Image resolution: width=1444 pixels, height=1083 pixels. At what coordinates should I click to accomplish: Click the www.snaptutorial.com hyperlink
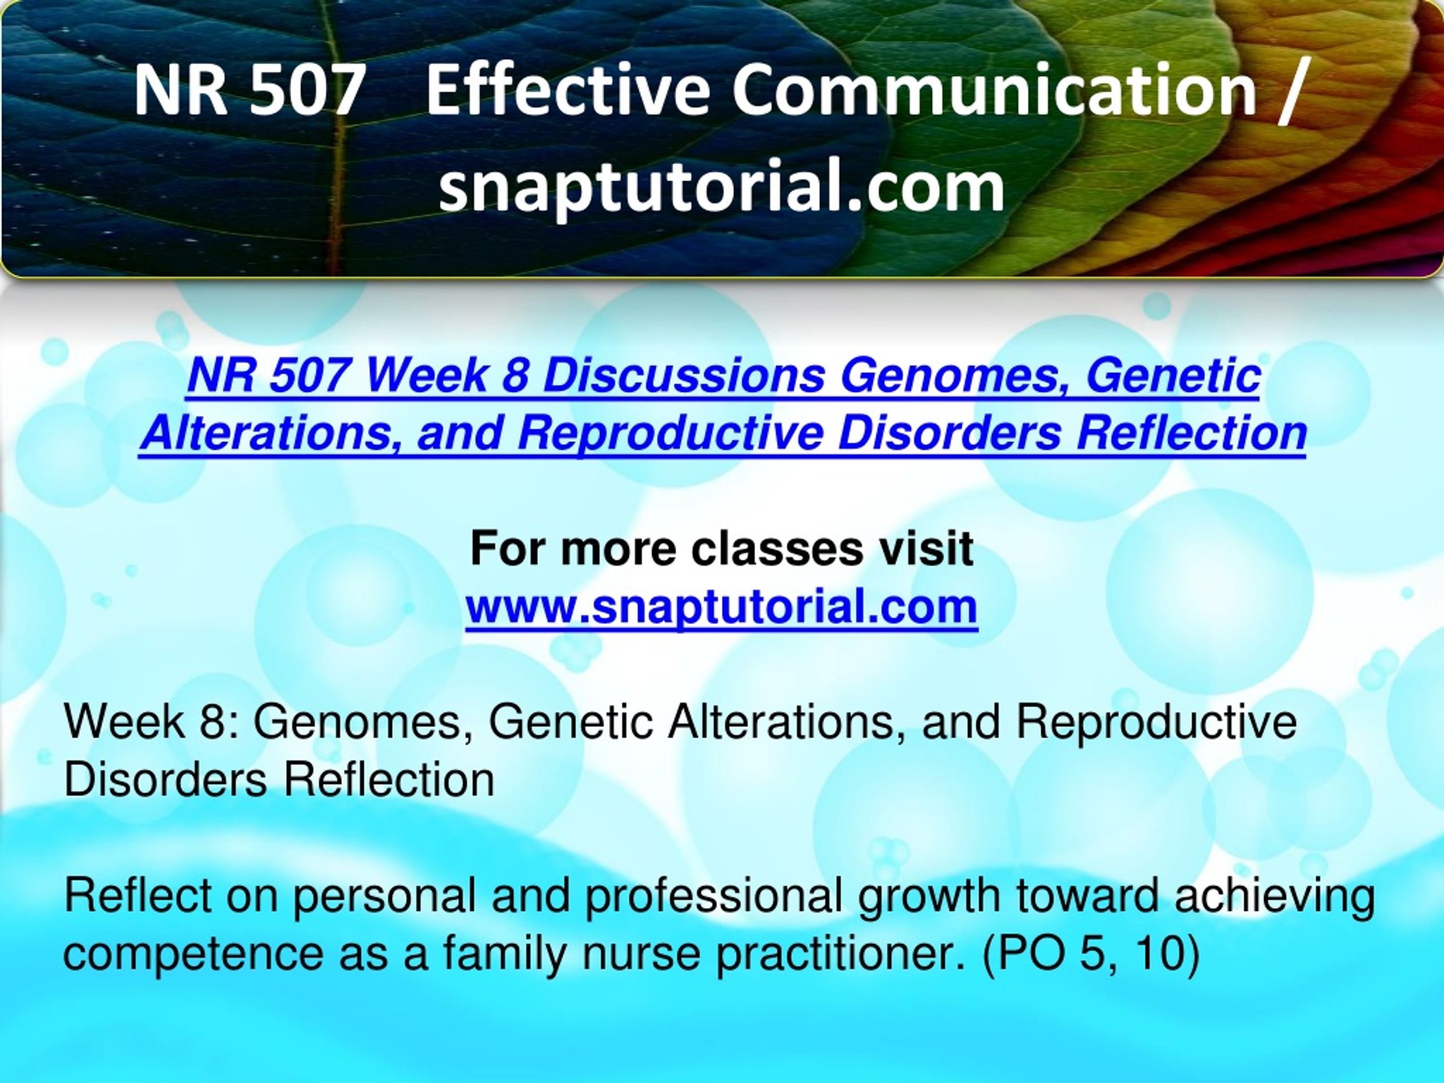tap(721, 607)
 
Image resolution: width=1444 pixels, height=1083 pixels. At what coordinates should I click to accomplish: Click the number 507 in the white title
tap(306, 91)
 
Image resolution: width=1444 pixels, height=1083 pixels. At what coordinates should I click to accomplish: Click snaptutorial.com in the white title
tap(721, 187)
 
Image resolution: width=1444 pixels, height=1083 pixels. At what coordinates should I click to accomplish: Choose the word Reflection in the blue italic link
tap(1191, 433)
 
